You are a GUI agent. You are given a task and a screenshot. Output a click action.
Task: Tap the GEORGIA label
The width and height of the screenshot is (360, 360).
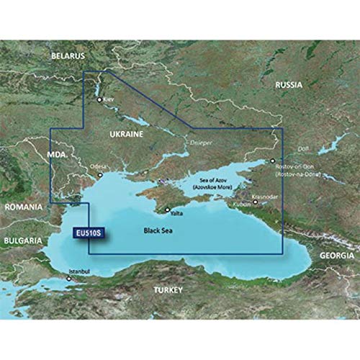pos(337,256)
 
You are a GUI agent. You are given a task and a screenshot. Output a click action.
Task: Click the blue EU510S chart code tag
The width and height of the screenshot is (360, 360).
pos(86,233)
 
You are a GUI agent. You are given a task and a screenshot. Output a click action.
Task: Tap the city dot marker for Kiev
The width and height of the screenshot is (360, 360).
pos(100,100)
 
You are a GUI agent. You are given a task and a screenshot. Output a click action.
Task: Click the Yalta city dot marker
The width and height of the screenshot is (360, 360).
pos(168,210)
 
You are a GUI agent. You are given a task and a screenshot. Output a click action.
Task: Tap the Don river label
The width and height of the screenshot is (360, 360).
pos(302,148)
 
